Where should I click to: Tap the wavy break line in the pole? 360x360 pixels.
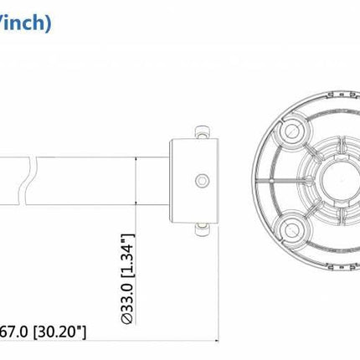pyautogui.click(x=33, y=180)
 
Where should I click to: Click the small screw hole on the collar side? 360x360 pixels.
pyautogui.click(x=200, y=180)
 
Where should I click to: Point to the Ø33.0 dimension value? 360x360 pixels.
pyautogui.click(x=127, y=290)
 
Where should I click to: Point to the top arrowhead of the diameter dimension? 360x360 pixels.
pyautogui.click(x=137, y=154)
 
